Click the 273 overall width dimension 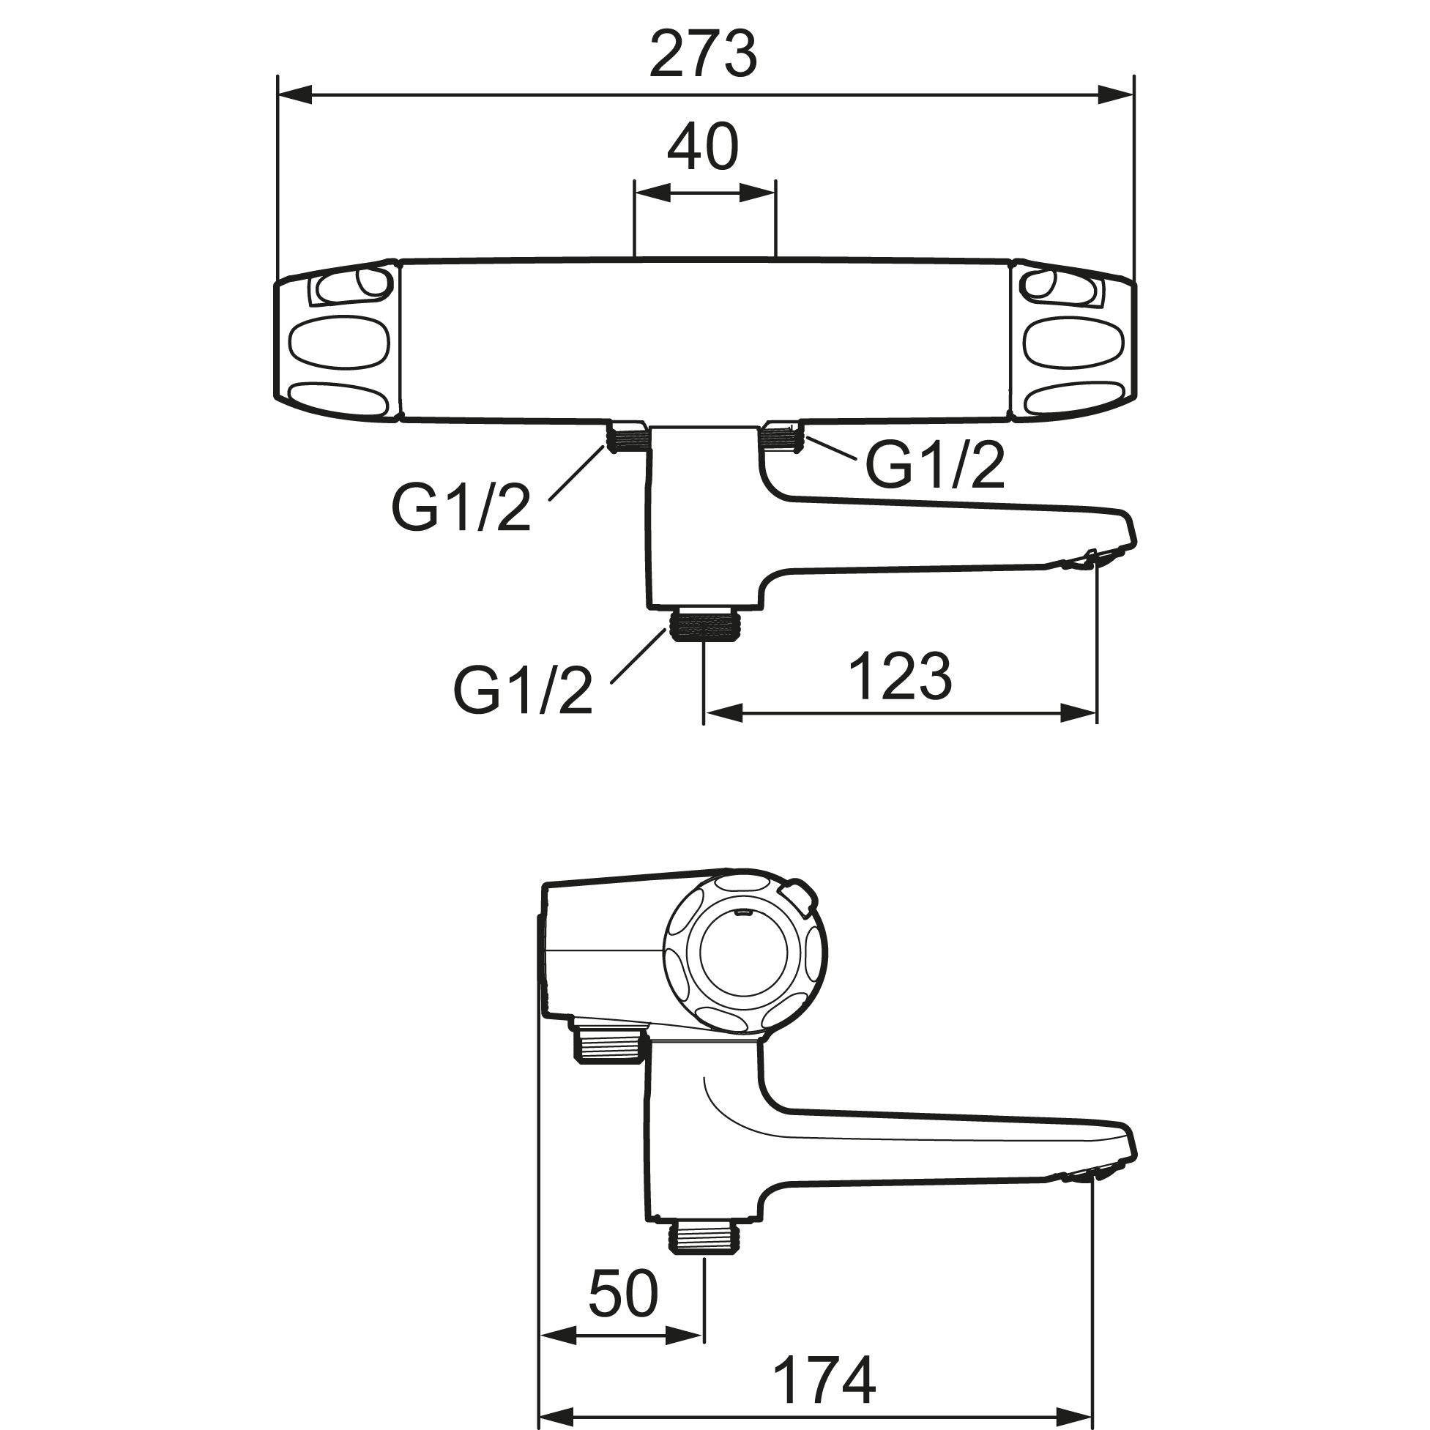pyautogui.click(x=703, y=54)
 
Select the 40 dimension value pyautogui.click(x=703, y=147)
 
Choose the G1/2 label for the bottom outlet pyautogui.click(x=524, y=690)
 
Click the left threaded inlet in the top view pyautogui.click(x=628, y=438)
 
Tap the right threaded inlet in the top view pyautogui.click(x=781, y=436)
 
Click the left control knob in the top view pyautogui.click(x=338, y=341)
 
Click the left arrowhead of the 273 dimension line pyautogui.click(x=293, y=94)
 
